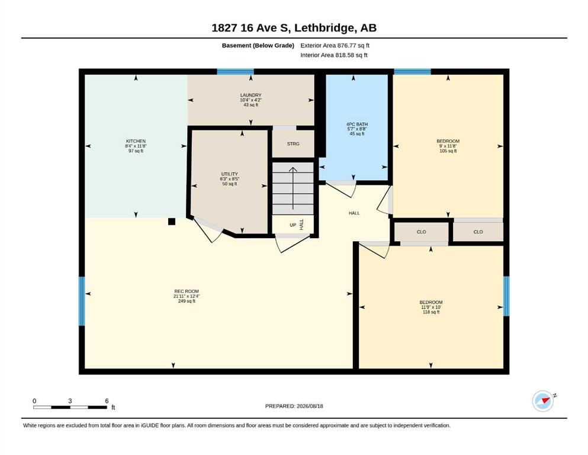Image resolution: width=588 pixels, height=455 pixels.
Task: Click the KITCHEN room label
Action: (x=136, y=146)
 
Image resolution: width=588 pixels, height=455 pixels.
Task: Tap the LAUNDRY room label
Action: (x=251, y=100)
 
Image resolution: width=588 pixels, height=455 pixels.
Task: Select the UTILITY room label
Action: (x=230, y=179)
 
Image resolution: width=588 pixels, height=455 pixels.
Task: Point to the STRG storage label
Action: (x=293, y=143)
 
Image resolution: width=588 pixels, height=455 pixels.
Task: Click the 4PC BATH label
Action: (x=357, y=129)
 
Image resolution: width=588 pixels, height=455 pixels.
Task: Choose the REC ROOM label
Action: (x=187, y=296)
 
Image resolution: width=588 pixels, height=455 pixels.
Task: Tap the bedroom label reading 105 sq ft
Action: (x=448, y=146)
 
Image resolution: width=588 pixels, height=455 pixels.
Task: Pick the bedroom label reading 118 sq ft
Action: (x=431, y=307)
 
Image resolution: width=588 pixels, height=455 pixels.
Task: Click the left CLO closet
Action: (x=422, y=232)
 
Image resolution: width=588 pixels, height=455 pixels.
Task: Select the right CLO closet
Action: (x=478, y=232)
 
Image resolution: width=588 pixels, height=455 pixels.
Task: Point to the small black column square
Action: (x=172, y=222)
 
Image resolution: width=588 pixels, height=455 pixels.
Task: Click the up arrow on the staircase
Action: (x=293, y=188)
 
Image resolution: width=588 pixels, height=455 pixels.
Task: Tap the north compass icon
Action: (x=544, y=400)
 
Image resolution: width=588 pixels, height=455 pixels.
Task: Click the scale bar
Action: (x=70, y=407)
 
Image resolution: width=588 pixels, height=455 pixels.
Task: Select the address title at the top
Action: (x=294, y=28)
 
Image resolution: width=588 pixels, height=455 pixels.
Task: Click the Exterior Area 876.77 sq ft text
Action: (x=335, y=46)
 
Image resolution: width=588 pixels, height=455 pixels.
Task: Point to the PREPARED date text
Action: (x=294, y=406)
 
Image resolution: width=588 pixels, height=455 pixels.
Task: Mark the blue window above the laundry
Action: (x=236, y=72)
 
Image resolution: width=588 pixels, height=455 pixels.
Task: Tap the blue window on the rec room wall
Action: (x=81, y=301)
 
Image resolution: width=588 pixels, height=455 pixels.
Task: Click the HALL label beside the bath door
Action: (x=354, y=213)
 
